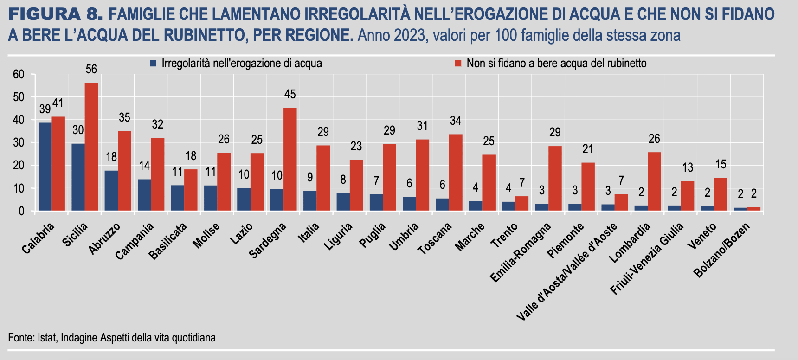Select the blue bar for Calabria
[45, 167]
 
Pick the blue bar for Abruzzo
[111, 191]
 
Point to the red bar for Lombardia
[654, 181]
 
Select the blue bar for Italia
[310, 201]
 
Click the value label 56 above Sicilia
[91, 70]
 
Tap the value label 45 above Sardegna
[290, 95]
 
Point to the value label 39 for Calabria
[45, 109]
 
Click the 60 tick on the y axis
[19, 74]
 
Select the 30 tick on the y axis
[19, 143]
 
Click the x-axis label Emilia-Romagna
[521, 253]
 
